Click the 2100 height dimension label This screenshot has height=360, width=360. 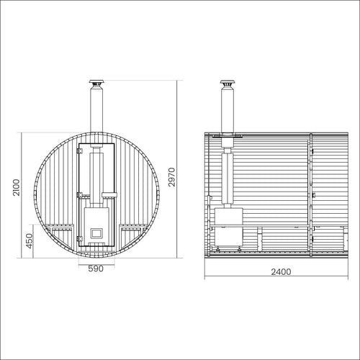click(x=17, y=187)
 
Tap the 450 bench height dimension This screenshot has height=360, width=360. click(x=30, y=240)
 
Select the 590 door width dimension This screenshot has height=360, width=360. click(x=96, y=269)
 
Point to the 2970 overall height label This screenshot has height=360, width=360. click(x=172, y=177)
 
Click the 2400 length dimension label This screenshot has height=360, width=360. click(x=281, y=272)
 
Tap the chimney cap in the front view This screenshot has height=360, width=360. click(x=96, y=82)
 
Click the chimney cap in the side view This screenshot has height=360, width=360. click(x=228, y=82)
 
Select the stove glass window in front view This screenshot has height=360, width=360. click(x=96, y=233)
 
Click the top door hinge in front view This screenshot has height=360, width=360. click(x=79, y=150)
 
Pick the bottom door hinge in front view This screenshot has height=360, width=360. click(x=79, y=239)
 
